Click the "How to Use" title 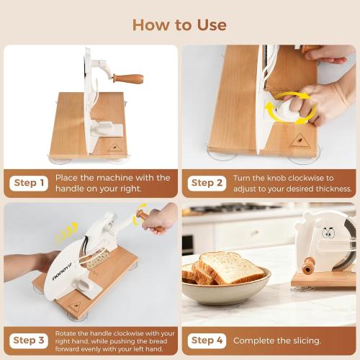[x=179, y=25]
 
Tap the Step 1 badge [x=29, y=183]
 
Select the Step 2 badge [x=207, y=183]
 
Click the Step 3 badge [x=29, y=340]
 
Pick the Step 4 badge [x=207, y=340]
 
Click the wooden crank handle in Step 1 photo [x=130, y=78]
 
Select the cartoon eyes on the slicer [x=328, y=233]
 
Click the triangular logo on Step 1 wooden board [x=113, y=146]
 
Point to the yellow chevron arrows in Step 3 [x=66, y=231]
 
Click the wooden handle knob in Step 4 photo [x=309, y=266]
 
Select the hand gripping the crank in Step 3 [x=159, y=218]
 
